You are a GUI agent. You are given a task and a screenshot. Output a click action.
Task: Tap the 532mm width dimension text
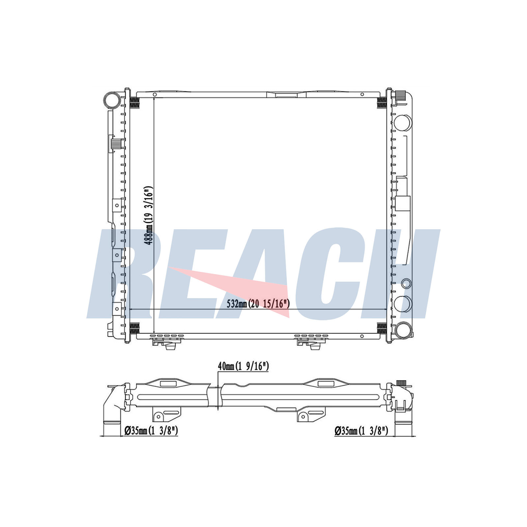(x=258, y=304)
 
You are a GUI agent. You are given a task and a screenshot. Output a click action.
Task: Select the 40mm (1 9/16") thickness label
(x=243, y=366)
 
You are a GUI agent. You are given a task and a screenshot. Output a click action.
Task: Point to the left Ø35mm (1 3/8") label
(x=151, y=430)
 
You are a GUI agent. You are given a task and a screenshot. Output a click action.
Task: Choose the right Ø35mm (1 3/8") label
(x=361, y=430)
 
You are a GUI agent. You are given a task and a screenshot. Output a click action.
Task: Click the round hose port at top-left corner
(x=112, y=99)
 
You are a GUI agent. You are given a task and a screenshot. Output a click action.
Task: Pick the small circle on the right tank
(x=406, y=283)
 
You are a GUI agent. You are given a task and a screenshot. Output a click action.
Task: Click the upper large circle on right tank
(x=403, y=123)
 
